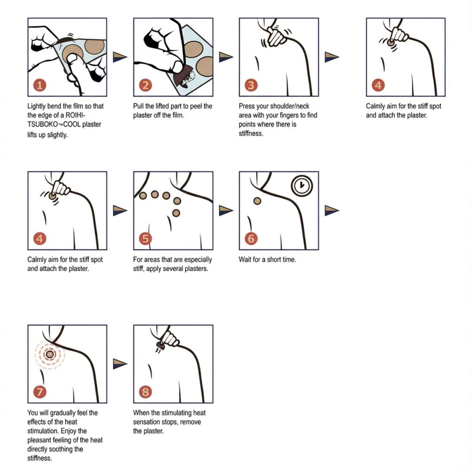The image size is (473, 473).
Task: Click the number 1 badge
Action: (39, 85)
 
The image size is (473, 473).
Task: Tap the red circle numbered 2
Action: (145, 85)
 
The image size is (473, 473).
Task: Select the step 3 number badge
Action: (251, 85)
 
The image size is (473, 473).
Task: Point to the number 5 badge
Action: (145, 238)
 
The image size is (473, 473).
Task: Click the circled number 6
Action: (251, 238)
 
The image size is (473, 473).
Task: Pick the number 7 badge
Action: (39, 392)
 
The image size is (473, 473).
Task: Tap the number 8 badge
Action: (145, 392)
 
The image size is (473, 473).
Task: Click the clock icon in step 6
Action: (302, 185)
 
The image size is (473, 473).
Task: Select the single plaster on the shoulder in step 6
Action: (257, 201)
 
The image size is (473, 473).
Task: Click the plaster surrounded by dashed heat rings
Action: (50, 354)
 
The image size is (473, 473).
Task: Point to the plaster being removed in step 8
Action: (160, 346)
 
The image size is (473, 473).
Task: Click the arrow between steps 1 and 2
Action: (120, 57)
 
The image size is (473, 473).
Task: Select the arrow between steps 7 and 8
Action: (120, 363)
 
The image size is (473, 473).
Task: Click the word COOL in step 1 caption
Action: (72, 124)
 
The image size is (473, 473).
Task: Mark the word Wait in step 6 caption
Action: (245, 259)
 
